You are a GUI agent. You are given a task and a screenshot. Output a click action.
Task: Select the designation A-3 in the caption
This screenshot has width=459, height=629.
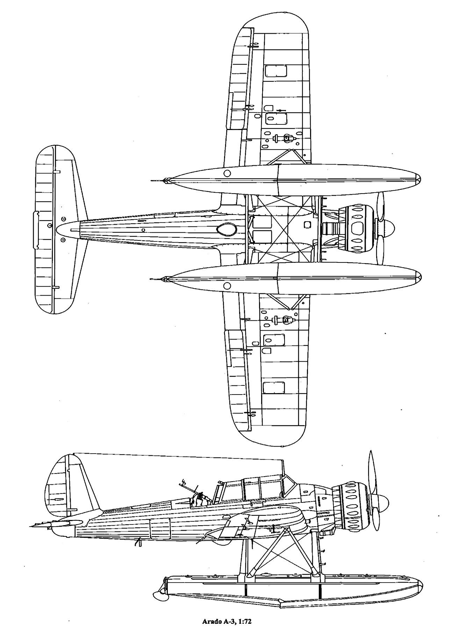click(228, 612)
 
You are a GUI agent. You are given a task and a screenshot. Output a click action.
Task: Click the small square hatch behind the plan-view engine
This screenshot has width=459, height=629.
click(308, 224)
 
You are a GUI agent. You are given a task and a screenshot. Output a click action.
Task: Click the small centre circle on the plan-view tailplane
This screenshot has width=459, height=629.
click(50, 225)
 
